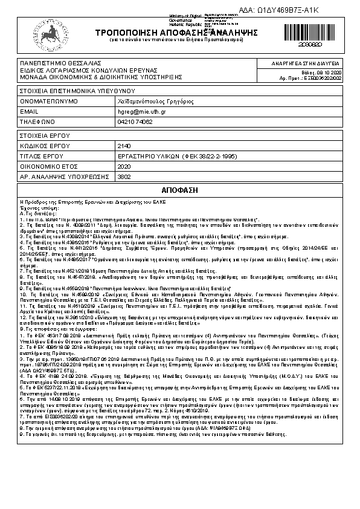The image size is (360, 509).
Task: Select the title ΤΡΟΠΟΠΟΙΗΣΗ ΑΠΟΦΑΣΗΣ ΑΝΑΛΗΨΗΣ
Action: click(x=159, y=32)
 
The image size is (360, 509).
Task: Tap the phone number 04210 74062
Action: click(x=135, y=122)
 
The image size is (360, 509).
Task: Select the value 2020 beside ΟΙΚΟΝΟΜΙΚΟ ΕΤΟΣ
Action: click(x=123, y=166)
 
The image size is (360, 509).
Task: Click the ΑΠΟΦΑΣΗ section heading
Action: click(x=180, y=190)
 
